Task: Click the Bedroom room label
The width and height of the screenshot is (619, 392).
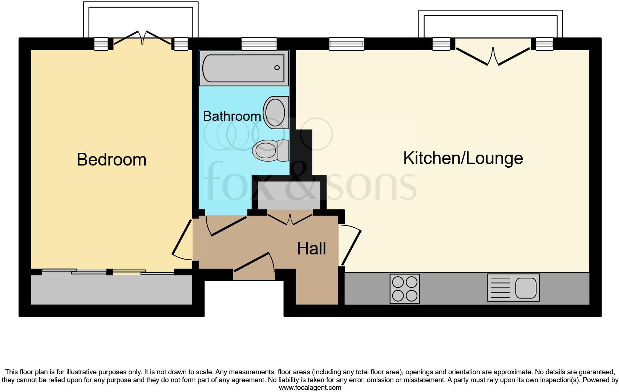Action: pyautogui.click(x=112, y=160)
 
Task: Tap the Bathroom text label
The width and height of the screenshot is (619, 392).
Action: pyautogui.click(x=232, y=116)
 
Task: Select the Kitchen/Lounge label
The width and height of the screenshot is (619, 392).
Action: pyautogui.click(x=463, y=158)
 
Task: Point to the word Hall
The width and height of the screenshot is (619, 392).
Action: pyautogui.click(x=311, y=249)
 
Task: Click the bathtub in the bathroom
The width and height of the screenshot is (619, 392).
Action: pyautogui.click(x=244, y=68)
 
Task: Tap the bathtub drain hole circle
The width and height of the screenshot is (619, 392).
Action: pyautogui.click(x=277, y=68)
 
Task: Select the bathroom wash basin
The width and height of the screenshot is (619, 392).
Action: pyautogui.click(x=276, y=112)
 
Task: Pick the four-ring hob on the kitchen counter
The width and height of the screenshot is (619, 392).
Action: pyautogui.click(x=405, y=289)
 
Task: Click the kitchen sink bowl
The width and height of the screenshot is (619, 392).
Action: pyautogui.click(x=526, y=287)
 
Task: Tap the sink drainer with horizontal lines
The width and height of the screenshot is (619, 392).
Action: pyautogui.click(x=501, y=287)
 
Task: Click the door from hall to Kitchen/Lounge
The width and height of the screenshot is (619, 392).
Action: pyautogui.click(x=351, y=245)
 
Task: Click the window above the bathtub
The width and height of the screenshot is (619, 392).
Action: pyautogui.click(x=259, y=44)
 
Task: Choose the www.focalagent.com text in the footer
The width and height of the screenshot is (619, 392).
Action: pyautogui.click(x=310, y=388)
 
